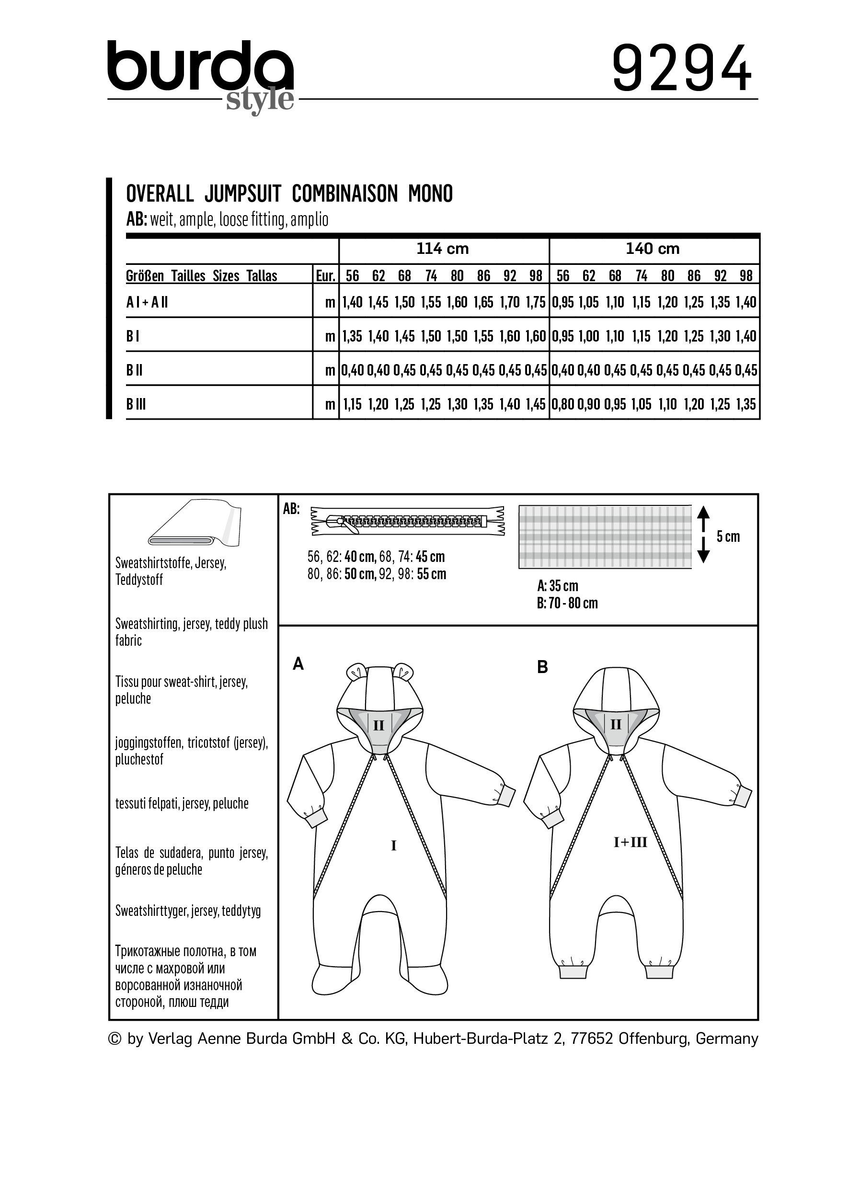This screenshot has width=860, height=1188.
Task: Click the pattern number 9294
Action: click(x=681, y=68)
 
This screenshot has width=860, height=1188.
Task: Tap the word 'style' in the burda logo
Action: click(x=260, y=99)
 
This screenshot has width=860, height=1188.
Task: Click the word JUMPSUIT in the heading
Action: click(x=243, y=194)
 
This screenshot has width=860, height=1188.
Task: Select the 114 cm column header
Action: click(x=443, y=249)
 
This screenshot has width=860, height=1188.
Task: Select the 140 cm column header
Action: click(x=653, y=249)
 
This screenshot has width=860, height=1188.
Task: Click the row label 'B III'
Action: click(x=136, y=404)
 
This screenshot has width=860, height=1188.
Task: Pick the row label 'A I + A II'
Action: click(x=147, y=302)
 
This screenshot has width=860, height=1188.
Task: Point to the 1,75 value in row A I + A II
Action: click(x=536, y=302)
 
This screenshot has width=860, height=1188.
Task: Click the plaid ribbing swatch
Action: click(x=605, y=537)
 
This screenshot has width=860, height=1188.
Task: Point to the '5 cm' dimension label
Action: click(x=728, y=537)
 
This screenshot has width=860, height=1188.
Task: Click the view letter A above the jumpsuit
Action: click(x=298, y=664)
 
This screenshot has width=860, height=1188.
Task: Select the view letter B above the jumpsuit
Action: click(x=543, y=667)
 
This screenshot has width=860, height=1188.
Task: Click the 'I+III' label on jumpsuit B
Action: click(x=631, y=842)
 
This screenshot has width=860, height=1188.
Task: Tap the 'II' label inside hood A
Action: click(x=378, y=725)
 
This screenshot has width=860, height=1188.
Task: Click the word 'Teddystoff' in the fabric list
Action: click(x=139, y=580)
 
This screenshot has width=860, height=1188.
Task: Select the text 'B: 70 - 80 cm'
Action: click(x=567, y=604)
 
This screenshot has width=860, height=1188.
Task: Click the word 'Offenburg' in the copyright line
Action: click(x=653, y=1038)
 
